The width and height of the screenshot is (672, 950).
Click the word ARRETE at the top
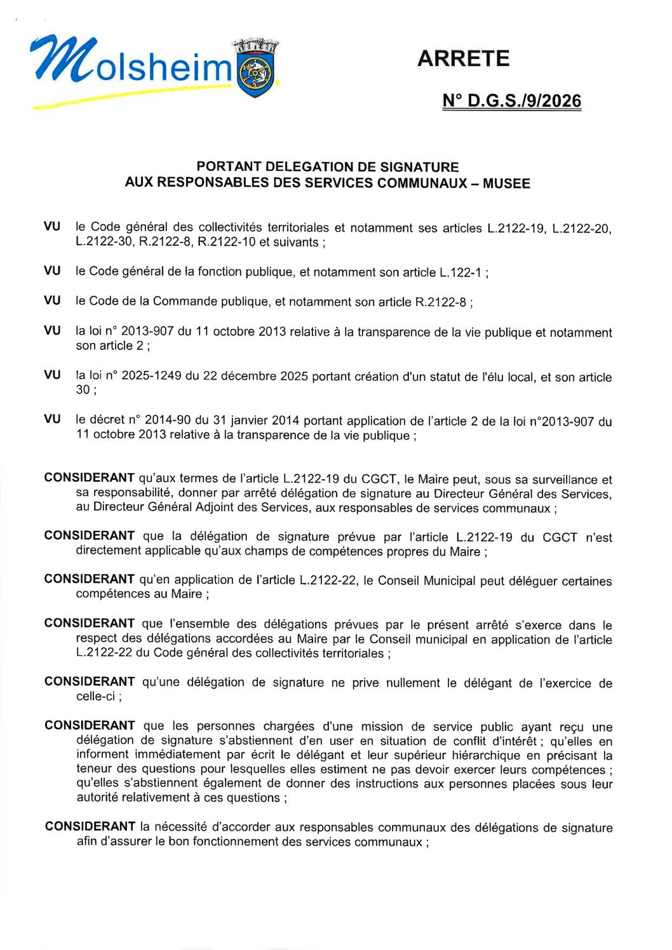coord(464,58)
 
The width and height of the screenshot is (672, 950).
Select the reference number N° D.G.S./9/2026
coord(511,101)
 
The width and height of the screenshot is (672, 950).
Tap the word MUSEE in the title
coord(506,184)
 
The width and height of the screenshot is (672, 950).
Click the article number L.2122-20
coord(582,228)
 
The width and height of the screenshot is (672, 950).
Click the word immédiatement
coord(178,755)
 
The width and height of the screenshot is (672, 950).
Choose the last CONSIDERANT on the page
coord(90,827)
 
